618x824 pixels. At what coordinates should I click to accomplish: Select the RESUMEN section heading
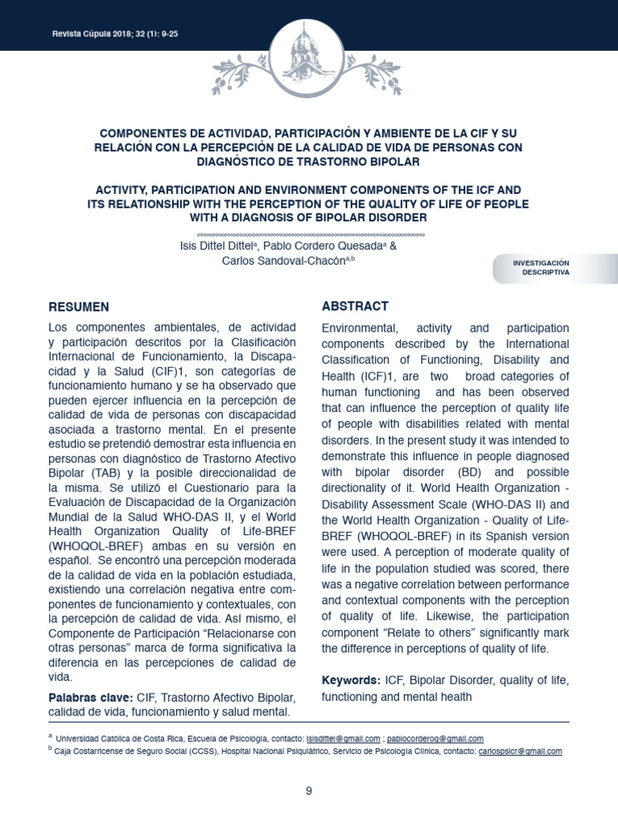pyautogui.click(x=80, y=307)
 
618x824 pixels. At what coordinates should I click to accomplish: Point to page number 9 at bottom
pyautogui.click(x=309, y=791)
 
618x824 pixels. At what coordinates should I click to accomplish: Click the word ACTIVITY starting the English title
pyautogui.click(x=125, y=188)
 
